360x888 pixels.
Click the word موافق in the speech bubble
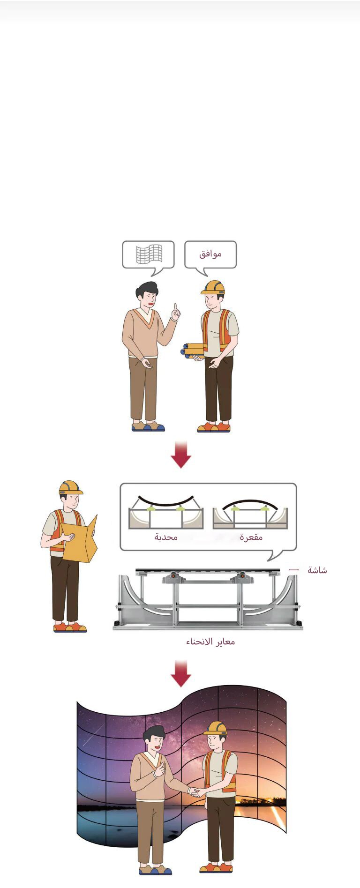(210, 254)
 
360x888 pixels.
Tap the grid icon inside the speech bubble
(149, 254)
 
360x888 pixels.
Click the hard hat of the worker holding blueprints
(213, 287)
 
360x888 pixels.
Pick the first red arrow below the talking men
(181, 455)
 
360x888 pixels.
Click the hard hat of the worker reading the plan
(70, 487)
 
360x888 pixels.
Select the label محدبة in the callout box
(166, 537)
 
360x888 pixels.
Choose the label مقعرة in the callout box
(251, 537)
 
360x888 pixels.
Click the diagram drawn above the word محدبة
(166, 512)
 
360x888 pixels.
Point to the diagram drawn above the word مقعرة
(250, 514)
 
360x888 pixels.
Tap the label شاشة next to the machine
(317, 570)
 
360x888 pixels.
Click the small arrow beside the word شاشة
(293, 570)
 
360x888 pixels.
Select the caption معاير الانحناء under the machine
(210, 642)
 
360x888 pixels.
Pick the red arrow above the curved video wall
(181, 673)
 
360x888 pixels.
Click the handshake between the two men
(194, 792)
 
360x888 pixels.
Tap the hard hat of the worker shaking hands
(216, 728)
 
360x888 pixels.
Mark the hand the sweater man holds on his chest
(159, 769)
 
